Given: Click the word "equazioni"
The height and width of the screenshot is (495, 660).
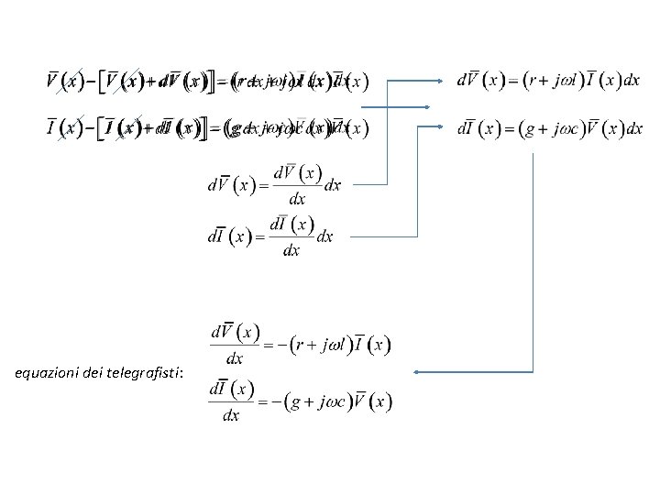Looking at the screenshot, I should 47,373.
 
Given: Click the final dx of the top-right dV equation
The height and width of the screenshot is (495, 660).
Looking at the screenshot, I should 631,80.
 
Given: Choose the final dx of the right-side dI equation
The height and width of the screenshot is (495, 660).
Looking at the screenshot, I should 632,128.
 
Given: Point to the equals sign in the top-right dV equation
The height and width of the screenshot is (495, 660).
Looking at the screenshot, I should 512,81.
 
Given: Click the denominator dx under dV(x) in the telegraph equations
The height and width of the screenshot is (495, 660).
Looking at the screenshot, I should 235,358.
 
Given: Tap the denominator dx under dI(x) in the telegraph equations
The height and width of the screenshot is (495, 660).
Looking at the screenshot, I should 231,415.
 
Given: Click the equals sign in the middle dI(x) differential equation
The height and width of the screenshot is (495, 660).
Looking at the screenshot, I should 258,236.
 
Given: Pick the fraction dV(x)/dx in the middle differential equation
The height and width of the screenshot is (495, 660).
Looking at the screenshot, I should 297,184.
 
